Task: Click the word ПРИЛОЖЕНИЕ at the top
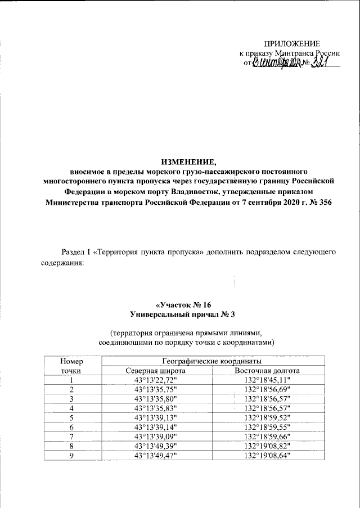pos(293,44)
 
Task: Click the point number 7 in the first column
pos(71,437)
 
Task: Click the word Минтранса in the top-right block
pos(294,53)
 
